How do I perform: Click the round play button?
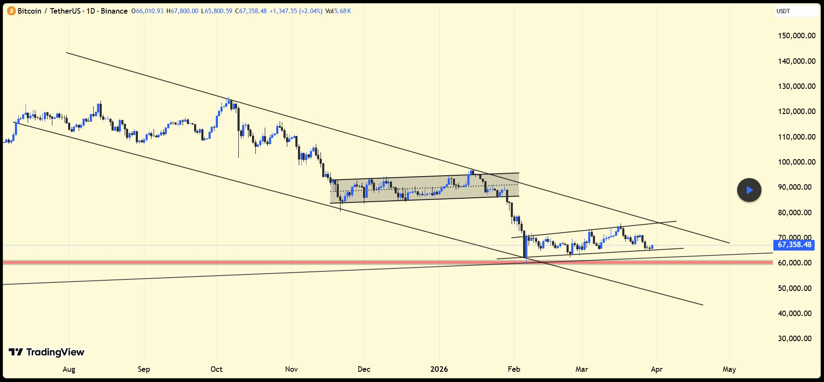coord(749,190)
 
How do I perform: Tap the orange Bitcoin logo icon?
coord(11,11)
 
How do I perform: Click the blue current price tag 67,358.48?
coord(794,245)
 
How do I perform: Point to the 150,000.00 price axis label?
coord(796,36)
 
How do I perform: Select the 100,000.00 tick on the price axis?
coord(796,162)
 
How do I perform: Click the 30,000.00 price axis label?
coord(795,339)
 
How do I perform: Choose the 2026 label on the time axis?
coord(439,369)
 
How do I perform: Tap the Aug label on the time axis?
coord(69,369)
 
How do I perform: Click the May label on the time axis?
coord(729,369)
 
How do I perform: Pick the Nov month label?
coord(292,369)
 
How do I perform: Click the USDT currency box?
coord(795,11)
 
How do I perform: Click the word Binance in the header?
coord(114,11)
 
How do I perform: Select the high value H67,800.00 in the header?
coord(182,11)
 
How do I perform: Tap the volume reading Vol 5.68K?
coord(338,11)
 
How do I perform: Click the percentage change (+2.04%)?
coord(311,11)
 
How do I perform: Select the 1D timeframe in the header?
coord(91,11)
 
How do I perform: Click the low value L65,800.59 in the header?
coord(217,11)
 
